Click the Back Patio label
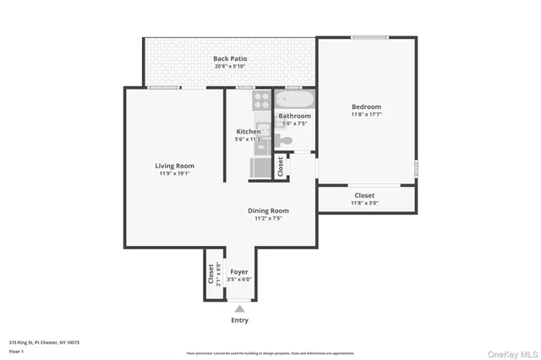(x=230, y=58)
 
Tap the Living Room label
(x=174, y=166)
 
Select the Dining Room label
(x=268, y=210)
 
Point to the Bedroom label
(x=366, y=106)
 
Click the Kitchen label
(x=248, y=132)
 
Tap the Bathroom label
(x=295, y=116)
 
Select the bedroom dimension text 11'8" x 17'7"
(x=366, y=115)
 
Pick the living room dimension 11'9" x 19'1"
(x=174, y=174)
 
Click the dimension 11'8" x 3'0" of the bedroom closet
(x=365, y=203)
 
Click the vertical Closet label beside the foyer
(x=211, y=274)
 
